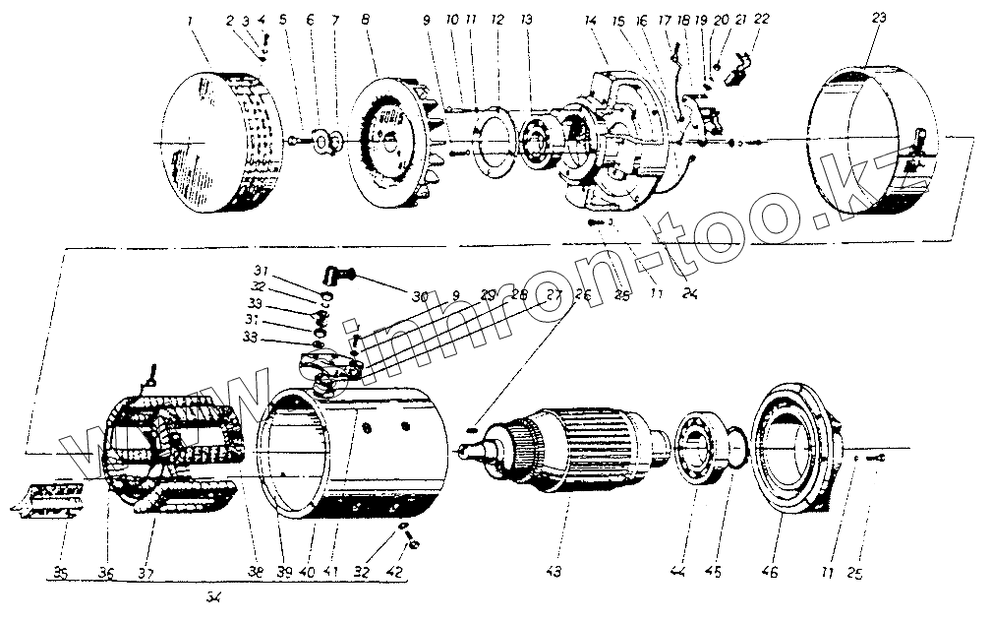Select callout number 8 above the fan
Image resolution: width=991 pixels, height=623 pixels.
tap(366, 19)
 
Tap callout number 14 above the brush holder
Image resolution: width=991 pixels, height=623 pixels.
tap(590, 19)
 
